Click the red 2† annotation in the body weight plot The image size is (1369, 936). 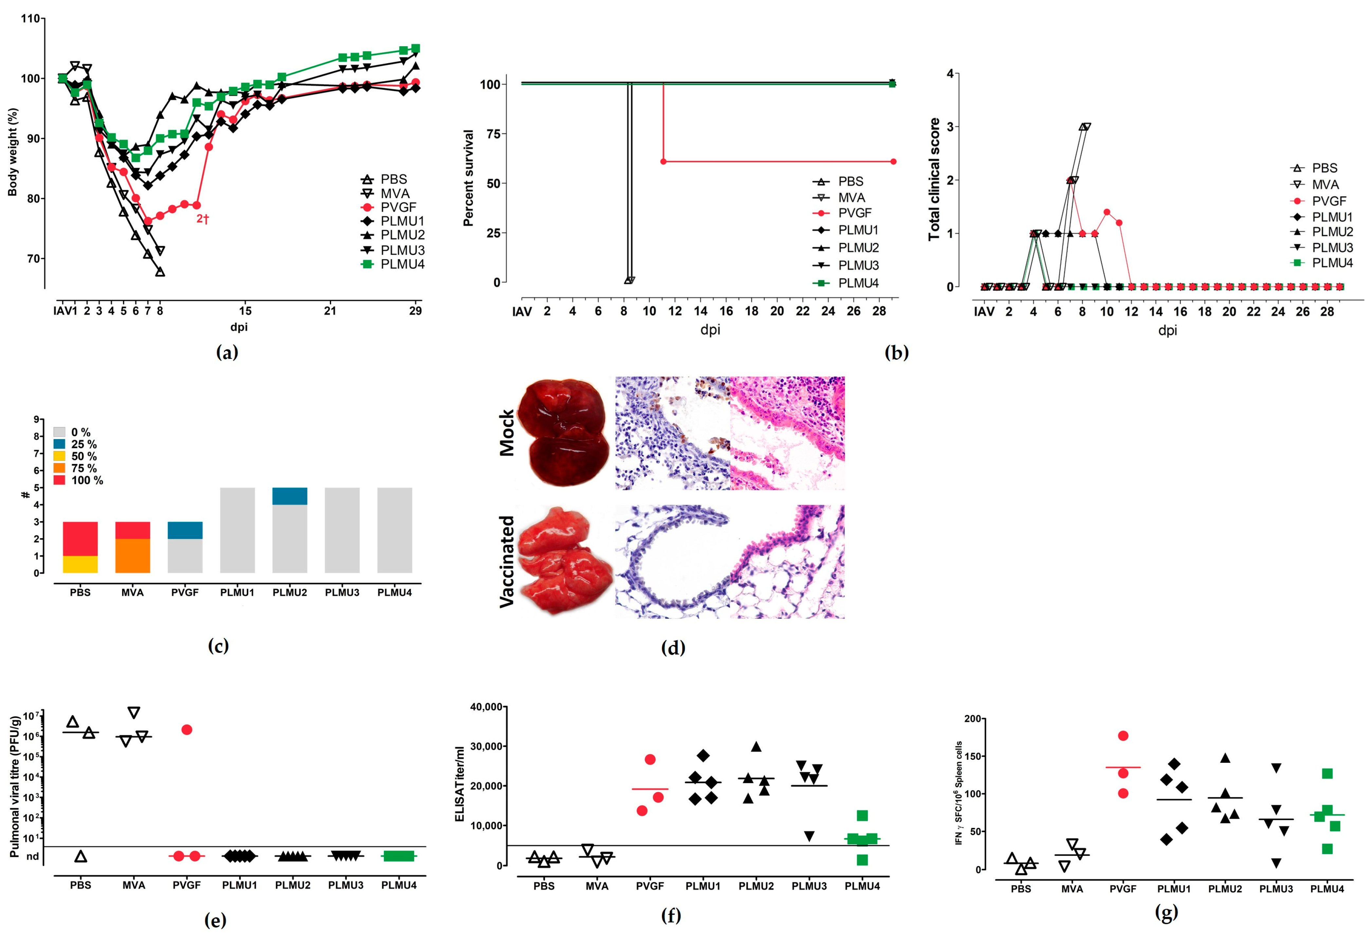tap(202, 219)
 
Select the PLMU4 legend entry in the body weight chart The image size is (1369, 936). tap(402, 264)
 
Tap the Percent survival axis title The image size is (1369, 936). tap(468, 178)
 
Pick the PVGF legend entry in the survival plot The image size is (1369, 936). tap(854, 213)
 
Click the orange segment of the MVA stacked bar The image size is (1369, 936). tap(133, 556)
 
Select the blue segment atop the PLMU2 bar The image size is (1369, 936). tap(289, 496)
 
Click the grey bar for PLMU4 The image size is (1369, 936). tap(395, 530)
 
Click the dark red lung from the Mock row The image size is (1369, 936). tap(566, 433)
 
